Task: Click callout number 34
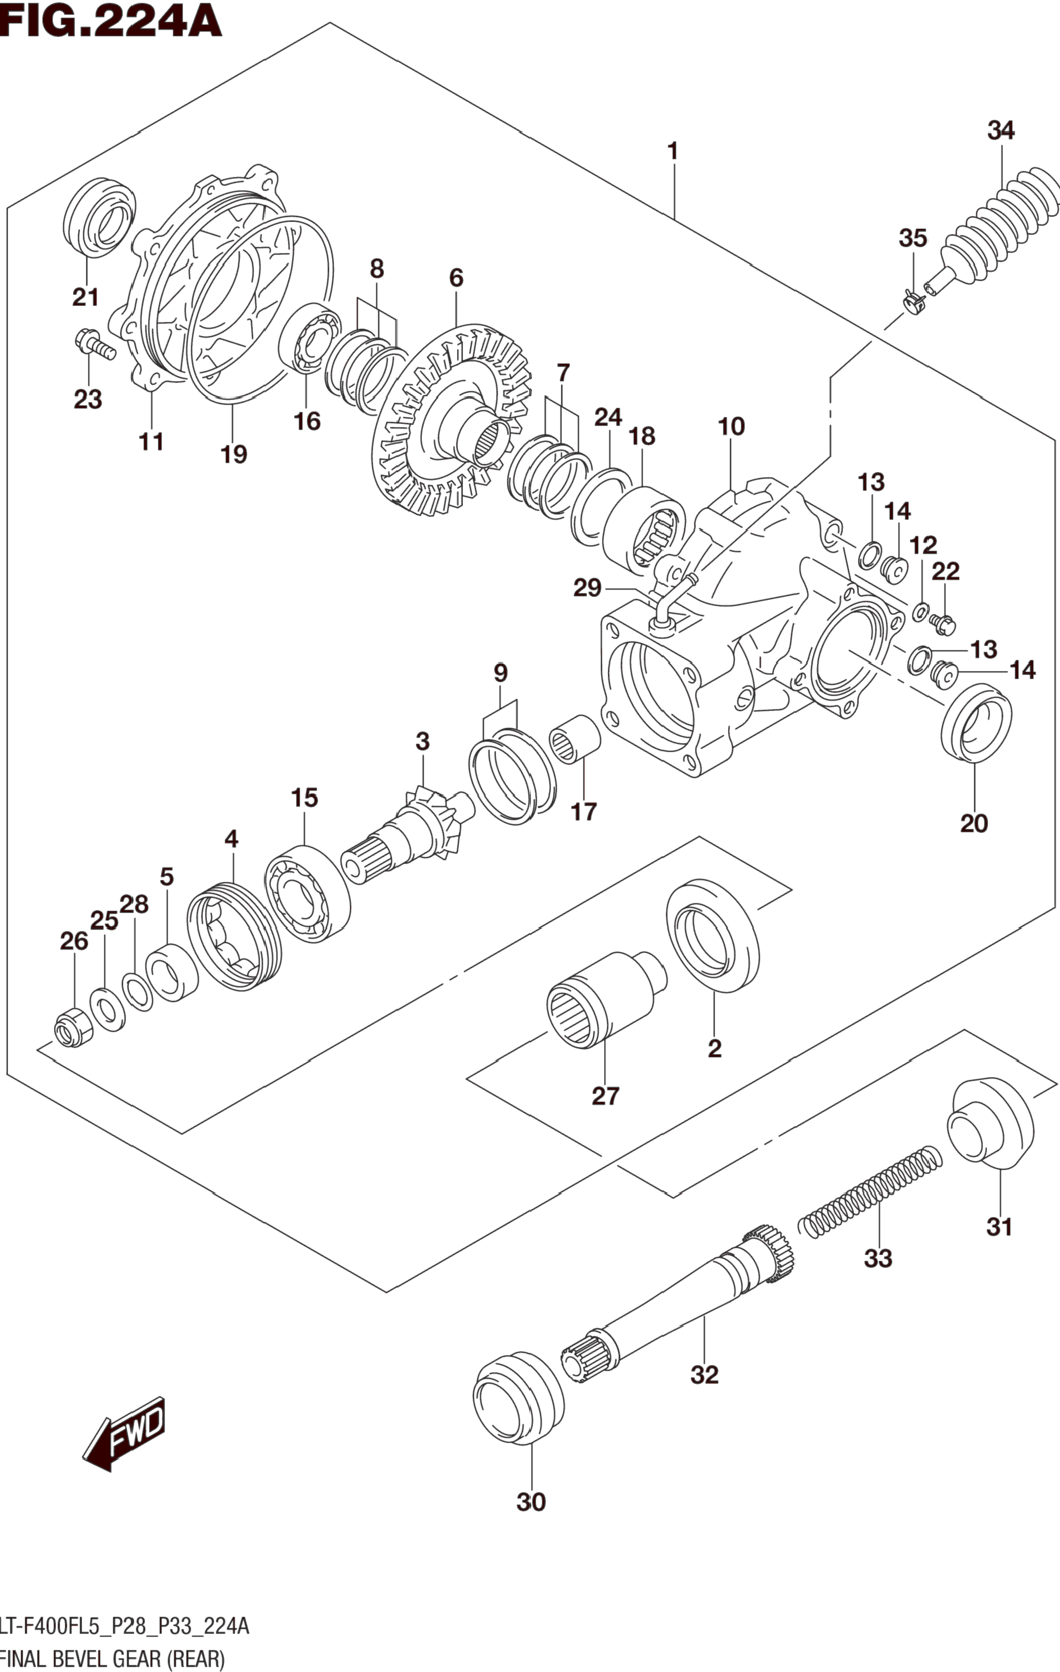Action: pos(1001,131)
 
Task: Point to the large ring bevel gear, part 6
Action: pos(452,420)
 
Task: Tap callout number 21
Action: pos(85,297)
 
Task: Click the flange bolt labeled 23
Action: pos(95,343)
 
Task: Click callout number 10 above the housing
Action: pos(731,426)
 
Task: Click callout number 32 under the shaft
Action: pos(705,1374)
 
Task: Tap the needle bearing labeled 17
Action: pos(575,738)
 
